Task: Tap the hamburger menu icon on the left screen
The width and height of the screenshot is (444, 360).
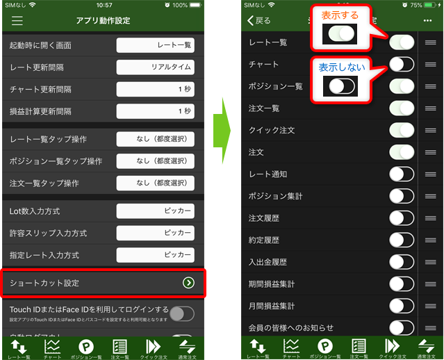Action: click(17, 21)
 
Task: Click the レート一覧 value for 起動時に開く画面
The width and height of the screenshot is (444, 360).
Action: click(155, 46)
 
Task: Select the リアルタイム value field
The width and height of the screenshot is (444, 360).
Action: click(155, 67)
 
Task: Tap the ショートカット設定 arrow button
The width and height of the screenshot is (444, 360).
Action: click(188, 283)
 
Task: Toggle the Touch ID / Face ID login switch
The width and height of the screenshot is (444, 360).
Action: click(181, 313)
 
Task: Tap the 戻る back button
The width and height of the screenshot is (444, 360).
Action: click(259, 21)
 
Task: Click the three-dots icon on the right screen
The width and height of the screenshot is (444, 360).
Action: click(427, 21)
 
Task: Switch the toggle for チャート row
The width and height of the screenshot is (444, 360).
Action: click(402, 65)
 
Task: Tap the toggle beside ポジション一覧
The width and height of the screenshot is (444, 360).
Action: click(402, 86)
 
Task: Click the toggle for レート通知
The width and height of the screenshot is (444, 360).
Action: click(402, 174)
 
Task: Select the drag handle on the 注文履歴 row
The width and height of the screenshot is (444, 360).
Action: click(431, 218)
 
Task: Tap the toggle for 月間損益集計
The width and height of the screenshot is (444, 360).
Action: click(402, 306)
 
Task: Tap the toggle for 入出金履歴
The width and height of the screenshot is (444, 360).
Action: click(402, 262)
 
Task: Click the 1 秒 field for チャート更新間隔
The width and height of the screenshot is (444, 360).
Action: click(155, 90)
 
